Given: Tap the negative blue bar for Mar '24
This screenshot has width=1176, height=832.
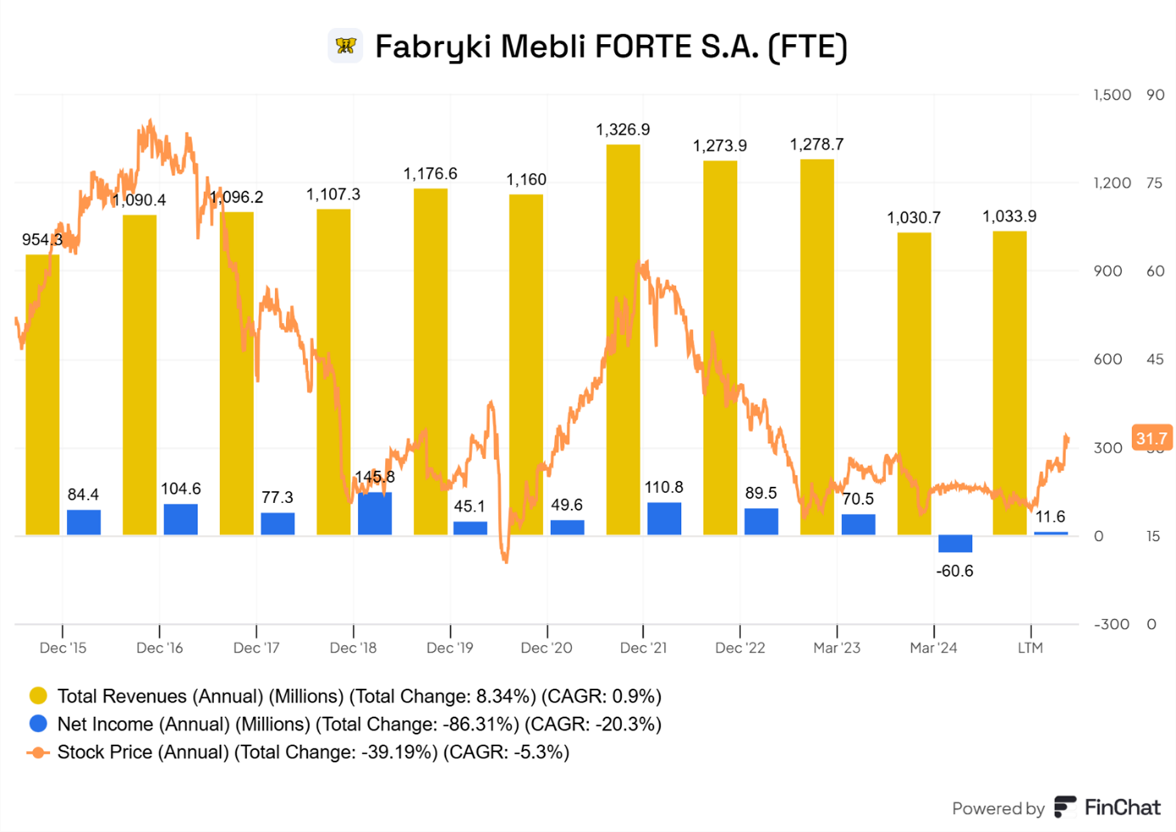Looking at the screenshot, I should click(955, 543).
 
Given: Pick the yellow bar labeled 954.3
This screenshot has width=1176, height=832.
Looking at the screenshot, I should click(42, 394).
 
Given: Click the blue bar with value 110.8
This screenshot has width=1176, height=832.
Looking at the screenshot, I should click(664, 518).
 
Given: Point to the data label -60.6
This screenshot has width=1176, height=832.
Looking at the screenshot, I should click(954, 571).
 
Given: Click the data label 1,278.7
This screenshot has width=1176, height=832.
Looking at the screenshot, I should click(817, 145).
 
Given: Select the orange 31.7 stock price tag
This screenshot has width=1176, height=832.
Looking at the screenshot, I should click(1151, 438).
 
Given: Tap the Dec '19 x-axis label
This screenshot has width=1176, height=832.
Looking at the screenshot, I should click(450, 648).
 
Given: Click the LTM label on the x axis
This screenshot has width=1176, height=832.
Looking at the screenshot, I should click(1030, 648).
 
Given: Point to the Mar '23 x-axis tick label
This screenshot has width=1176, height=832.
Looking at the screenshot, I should click(836, 648).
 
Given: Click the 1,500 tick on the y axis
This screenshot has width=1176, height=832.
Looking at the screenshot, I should click(1112, 95).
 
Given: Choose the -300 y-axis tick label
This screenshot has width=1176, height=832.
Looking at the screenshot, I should click(1112, 625).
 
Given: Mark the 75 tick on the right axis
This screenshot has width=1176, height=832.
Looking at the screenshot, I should click(1155, 184).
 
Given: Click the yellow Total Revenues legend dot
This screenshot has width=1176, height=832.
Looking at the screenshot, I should click(39, 696).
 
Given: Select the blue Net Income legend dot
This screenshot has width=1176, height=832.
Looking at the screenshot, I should click(39, 724).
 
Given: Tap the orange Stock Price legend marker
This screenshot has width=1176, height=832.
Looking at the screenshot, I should click(39, 752).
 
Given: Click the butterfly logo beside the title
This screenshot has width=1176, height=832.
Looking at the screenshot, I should click(345, 46).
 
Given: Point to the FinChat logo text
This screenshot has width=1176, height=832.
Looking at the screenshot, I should click(1122, 808).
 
